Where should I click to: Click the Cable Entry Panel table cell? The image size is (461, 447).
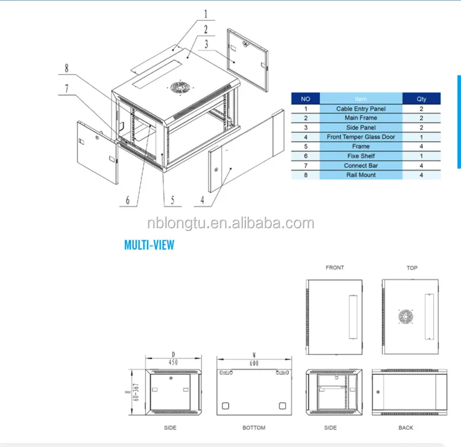pos(361,109)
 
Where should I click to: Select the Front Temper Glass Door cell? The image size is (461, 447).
pos(361,137)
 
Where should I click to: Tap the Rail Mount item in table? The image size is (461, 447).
pos(361,175)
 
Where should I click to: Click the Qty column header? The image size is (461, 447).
pos(421,98)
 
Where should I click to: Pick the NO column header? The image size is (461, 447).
pos(305,98)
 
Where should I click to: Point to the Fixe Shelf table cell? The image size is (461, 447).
pos(361,156)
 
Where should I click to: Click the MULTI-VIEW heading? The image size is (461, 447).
pos(149,246)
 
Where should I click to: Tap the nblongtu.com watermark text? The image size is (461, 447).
pos(230,223)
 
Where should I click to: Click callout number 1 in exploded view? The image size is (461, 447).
pos(206,13)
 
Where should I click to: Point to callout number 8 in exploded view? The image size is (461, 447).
pos(66,69)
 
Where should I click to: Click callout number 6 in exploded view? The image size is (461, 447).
pos(128,199)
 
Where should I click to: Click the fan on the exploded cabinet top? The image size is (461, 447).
pos(179,88)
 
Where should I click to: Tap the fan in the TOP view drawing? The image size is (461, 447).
pos(405,317)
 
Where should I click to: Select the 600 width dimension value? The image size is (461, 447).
pos(253,362)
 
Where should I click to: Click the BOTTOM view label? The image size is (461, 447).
pos(253,427)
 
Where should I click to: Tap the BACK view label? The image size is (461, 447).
pos(406,427)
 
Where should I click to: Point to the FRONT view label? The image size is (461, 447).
pos(335,268)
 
